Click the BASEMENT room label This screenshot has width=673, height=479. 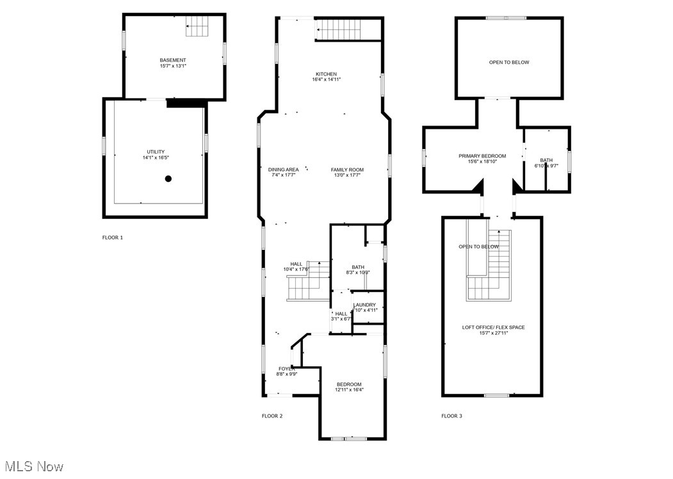point(173,60)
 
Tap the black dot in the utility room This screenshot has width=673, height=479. point(168,179)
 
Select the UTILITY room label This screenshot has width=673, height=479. point(156,152)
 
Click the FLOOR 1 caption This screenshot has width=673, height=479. point(112,238)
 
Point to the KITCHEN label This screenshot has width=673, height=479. point(326,74)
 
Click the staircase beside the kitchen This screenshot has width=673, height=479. point(339,29)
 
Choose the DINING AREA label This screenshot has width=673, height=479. point(283,170)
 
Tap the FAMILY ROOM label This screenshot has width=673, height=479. point(347,170)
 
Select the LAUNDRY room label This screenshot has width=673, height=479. point(364,305)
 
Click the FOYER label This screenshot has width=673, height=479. point(287,369)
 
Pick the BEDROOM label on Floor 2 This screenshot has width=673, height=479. point(349,384)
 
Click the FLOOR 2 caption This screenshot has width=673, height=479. point(272,416)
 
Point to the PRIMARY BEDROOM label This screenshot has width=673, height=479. point(482,156)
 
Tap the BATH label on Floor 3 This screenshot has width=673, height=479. point(546,160)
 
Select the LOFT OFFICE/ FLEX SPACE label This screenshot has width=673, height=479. point(493,327)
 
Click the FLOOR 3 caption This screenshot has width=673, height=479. point(451,416)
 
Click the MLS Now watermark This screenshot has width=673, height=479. point(33,466)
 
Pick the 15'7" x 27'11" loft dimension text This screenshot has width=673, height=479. point(493,333)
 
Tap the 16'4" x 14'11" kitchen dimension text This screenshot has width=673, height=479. point(326,80)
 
